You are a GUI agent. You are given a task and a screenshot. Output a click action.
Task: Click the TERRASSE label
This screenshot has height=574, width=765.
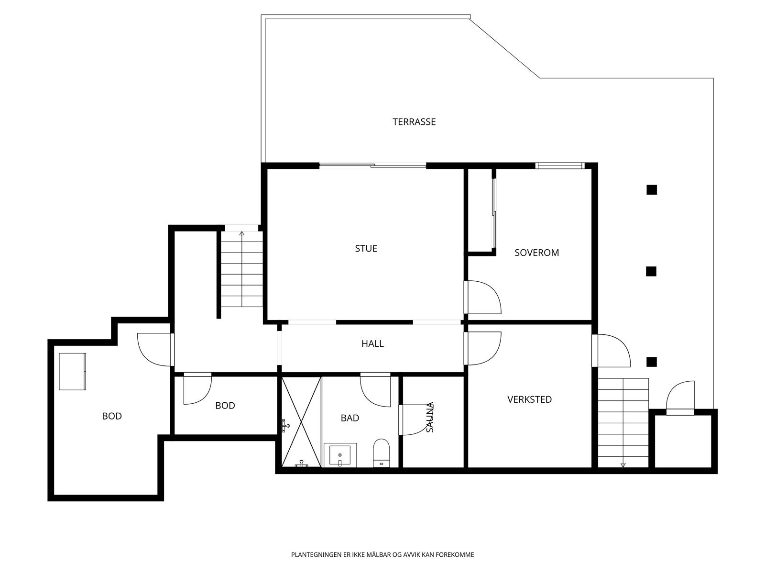click(414, 121)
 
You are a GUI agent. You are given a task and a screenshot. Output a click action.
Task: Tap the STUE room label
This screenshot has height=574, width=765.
click(366, 248)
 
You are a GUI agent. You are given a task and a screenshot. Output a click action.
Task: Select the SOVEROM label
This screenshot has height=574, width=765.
click(537, 253)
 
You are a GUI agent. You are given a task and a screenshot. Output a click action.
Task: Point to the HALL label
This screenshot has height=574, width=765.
click(372, 343)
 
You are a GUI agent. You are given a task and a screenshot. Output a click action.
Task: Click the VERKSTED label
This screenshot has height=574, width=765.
click(529, 399)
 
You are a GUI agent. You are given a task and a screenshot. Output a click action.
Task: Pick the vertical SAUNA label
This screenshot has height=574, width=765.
click(430, 418)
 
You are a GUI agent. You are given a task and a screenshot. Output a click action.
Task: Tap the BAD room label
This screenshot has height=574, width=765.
click(350, 418)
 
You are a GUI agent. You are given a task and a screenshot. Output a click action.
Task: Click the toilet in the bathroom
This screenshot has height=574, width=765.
click(381, 453)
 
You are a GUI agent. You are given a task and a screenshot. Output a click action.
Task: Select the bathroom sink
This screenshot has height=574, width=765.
click(340, 455)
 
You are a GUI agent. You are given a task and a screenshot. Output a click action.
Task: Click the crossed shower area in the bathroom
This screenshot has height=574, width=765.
click(301, 422)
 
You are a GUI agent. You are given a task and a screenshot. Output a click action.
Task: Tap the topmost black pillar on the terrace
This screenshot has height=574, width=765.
click(652, 189)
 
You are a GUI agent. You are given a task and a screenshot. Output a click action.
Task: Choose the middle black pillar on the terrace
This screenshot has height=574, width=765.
click(651, 271)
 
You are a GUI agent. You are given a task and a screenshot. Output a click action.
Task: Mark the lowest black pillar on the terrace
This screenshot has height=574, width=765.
click(652, 362)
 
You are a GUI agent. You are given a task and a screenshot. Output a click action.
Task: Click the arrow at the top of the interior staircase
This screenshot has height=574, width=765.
click(242, 233)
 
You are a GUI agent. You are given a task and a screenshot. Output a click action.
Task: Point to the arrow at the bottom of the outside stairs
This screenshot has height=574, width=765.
click(623, 464)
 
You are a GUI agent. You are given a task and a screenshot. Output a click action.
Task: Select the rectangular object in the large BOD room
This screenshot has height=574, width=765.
click(73, 372)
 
